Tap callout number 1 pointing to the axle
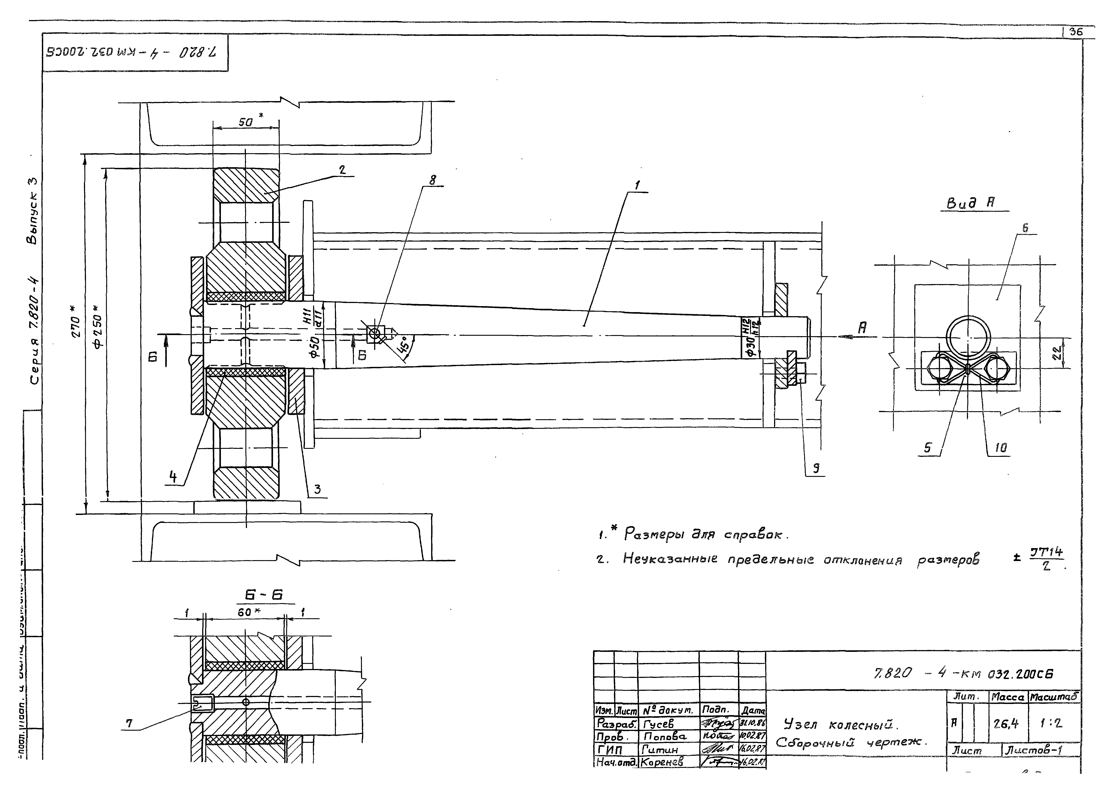coord(637,185)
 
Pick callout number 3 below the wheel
coord(317,489)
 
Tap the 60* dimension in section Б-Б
coord(248,613)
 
